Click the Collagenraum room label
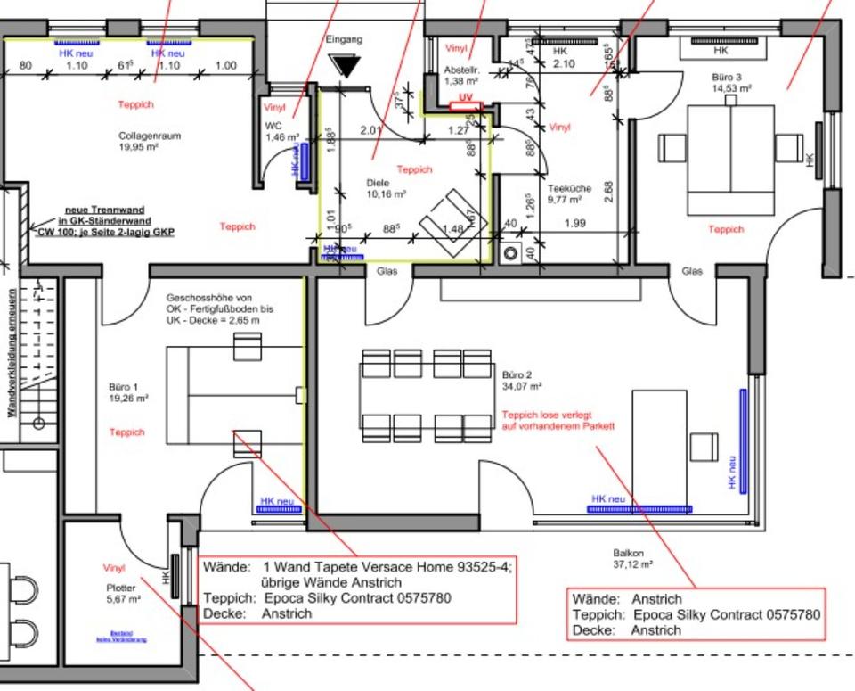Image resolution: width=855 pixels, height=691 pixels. pos(149,136)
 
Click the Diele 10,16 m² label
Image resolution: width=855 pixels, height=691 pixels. pos(386,188)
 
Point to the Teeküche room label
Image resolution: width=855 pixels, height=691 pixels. pos(569,188)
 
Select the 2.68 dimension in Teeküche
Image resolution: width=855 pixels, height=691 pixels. pos(608,192)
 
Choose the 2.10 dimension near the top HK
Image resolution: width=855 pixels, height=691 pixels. pos(564,63)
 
